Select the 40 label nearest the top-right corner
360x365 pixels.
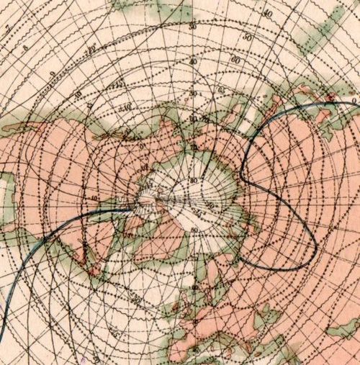(267, 13)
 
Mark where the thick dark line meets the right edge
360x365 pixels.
(358, 103)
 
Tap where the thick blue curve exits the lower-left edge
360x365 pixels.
(1, 338)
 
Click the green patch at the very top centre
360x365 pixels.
(173, 9)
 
